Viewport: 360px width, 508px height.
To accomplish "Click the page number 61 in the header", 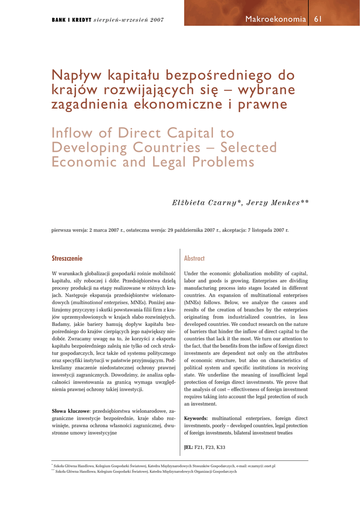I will [318, 19].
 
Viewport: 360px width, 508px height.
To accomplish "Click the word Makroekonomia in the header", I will [276, 19].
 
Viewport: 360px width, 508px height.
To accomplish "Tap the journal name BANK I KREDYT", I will [72, 20].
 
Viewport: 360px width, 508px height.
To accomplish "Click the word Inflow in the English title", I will [72, 133].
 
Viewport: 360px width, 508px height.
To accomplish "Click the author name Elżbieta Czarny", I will [203, 203].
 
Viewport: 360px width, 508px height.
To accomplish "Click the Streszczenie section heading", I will [67, 258].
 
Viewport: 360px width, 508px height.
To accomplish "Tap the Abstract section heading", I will [194, 258].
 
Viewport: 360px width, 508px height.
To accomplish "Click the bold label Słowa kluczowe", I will [71, 411].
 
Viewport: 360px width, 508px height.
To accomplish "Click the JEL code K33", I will [220, 447].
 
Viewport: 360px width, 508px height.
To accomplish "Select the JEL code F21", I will [199, 447].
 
